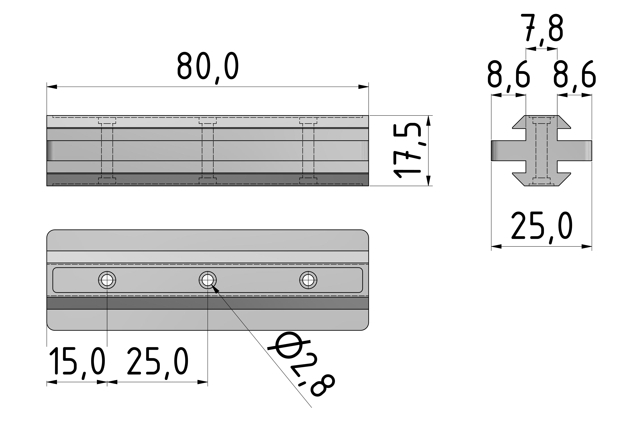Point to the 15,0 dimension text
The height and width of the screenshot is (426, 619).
77,362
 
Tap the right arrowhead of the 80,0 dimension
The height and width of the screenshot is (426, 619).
363,87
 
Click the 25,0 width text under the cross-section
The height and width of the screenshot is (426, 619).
542,226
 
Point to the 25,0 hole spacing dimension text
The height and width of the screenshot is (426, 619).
157,362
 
